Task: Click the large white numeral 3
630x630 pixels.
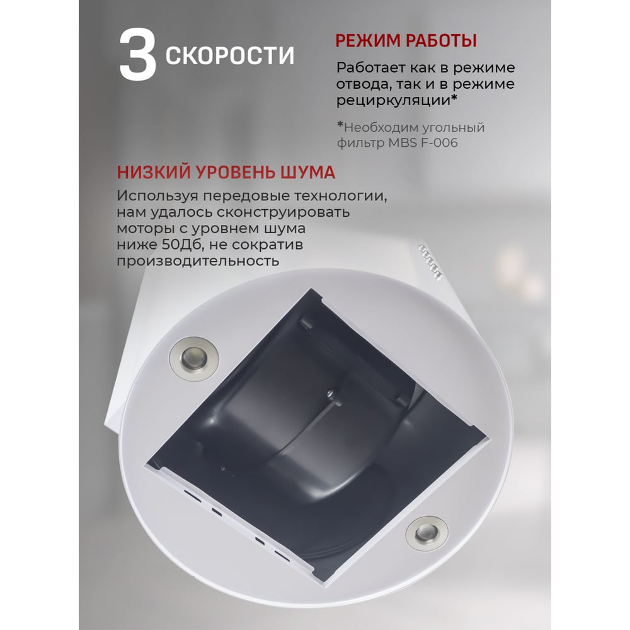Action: (138, 55)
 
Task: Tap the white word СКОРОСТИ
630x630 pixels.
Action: (230, 55)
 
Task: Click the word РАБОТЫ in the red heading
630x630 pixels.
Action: (441, 41)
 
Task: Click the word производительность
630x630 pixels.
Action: (198, 261)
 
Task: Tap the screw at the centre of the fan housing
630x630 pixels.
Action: (329, 393)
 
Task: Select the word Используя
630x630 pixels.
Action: (157, 197)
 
